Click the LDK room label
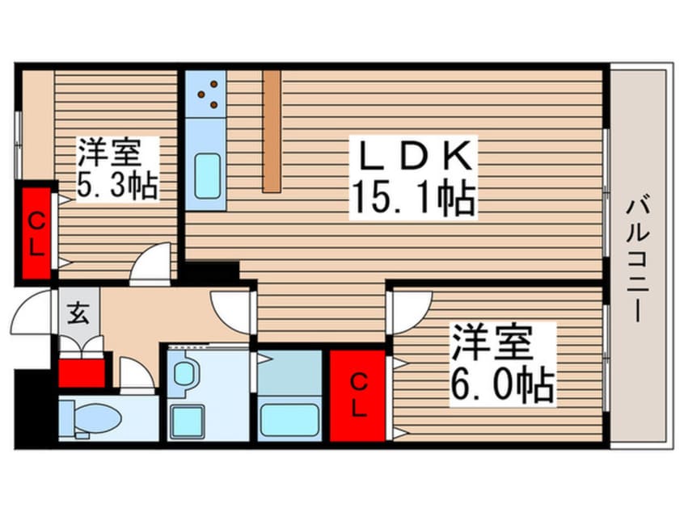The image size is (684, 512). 412,156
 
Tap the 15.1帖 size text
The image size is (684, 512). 412,198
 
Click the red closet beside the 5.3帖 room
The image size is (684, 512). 36,233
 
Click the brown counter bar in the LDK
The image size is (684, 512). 272,131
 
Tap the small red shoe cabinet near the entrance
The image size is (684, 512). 82,371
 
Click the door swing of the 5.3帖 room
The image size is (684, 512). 151,266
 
